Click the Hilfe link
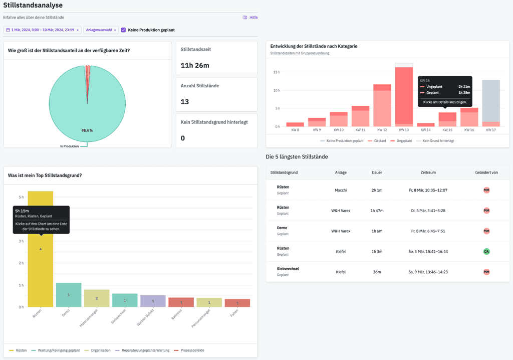coord(250,17)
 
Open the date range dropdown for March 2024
coord(42,30)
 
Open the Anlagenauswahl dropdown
coord(101,30)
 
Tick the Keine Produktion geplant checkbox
coord(123,30)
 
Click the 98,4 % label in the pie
coord(87,130)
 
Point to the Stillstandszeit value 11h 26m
coord(195,65)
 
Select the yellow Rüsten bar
coord(41,271)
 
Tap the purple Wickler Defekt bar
coord(153,301)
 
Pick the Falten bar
coord(237,303)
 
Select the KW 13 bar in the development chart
coord(404,95)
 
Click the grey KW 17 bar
coord(491,100)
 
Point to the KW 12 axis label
coord(382,130)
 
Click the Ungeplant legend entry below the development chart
coord(402,141)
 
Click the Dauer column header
coord(377,172)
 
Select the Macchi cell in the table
coord(341,190)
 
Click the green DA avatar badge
coord(486,251)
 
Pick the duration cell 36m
coord(377,272)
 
